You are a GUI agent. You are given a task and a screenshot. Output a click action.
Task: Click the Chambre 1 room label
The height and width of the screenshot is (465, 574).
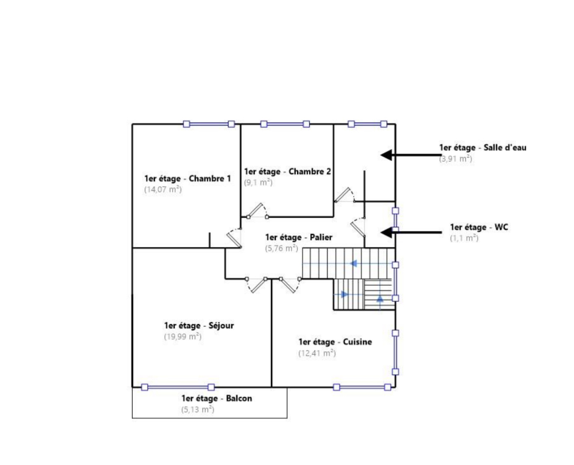188,178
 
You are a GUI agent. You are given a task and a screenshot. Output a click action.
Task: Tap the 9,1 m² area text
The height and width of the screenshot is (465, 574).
258,182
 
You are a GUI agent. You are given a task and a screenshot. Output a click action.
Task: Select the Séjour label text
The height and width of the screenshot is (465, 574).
199,326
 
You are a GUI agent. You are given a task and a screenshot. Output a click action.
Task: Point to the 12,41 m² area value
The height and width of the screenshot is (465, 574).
317,353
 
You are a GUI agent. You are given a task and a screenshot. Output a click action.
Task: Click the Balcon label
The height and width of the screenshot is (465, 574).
217,398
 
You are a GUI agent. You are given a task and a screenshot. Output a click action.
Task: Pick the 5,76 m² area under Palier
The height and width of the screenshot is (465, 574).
282,248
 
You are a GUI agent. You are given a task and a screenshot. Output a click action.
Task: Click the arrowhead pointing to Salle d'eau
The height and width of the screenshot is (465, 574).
386,155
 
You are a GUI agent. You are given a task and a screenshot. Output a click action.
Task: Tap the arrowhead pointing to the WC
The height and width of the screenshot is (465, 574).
386,232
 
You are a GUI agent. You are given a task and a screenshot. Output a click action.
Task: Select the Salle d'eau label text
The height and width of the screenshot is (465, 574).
483,148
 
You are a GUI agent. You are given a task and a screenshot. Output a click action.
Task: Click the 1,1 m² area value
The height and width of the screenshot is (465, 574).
464,238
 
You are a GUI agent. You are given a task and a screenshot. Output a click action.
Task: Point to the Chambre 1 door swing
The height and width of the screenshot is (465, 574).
234,237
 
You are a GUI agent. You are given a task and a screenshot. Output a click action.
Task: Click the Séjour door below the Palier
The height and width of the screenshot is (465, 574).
256,286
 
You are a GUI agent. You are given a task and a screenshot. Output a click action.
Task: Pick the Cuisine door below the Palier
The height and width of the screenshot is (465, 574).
290,285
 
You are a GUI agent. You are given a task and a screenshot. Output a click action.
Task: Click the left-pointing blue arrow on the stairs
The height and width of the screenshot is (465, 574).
353,263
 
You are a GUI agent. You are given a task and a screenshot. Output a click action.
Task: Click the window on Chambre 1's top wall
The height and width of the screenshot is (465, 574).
209,124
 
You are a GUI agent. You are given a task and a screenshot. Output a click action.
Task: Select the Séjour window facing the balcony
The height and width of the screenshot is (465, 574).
178,387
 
